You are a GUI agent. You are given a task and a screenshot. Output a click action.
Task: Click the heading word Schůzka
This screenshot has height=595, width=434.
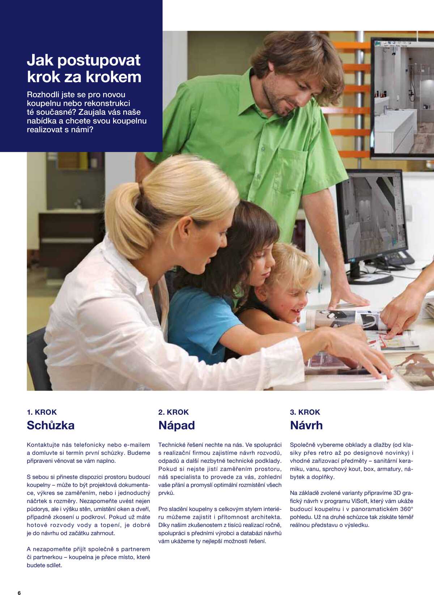pyautogui.click(x=51, y=425)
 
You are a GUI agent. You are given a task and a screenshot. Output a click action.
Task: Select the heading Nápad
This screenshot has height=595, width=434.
pyautogui.click(x=176, y=425)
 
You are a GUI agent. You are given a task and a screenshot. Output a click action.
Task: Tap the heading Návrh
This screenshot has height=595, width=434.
pyautogui.click(x=306, y=425)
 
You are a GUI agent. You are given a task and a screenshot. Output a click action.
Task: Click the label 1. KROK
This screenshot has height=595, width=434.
pyautogui.click(x=42, y=412)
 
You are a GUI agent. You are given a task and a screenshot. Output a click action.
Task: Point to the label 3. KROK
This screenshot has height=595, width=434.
pyautogui.click(x=305, y=412)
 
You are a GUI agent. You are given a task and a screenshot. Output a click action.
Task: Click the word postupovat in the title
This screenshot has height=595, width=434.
pyautogui.click(x=98, y=60)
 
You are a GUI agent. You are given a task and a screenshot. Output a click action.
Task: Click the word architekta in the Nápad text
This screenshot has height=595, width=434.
pyautogui.click(x=268, y=517)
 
